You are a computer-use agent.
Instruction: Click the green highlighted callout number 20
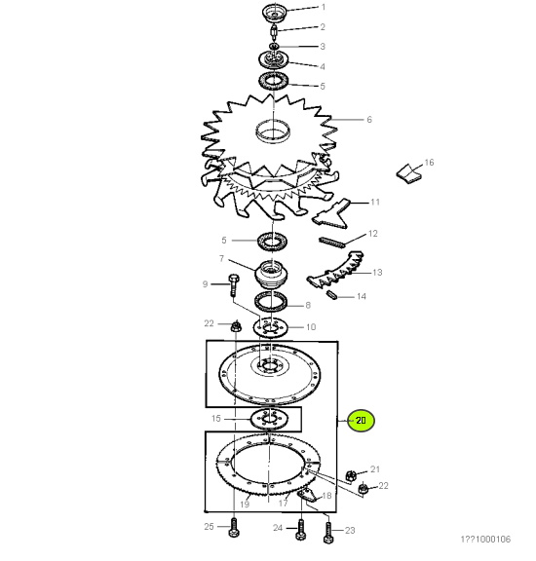click(362, 420)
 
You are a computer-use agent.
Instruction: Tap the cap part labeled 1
click(275, 13)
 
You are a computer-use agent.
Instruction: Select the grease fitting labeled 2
click(274, 33)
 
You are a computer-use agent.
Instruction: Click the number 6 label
click(369, 119)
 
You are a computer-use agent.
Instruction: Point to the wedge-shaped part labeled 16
click(409, 174)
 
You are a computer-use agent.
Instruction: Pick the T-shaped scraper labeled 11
click(332, 214)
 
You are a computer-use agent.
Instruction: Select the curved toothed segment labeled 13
click(335, 270)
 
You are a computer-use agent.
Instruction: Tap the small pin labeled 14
click(331, 295)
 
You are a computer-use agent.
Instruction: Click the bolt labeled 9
click(234, 285)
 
